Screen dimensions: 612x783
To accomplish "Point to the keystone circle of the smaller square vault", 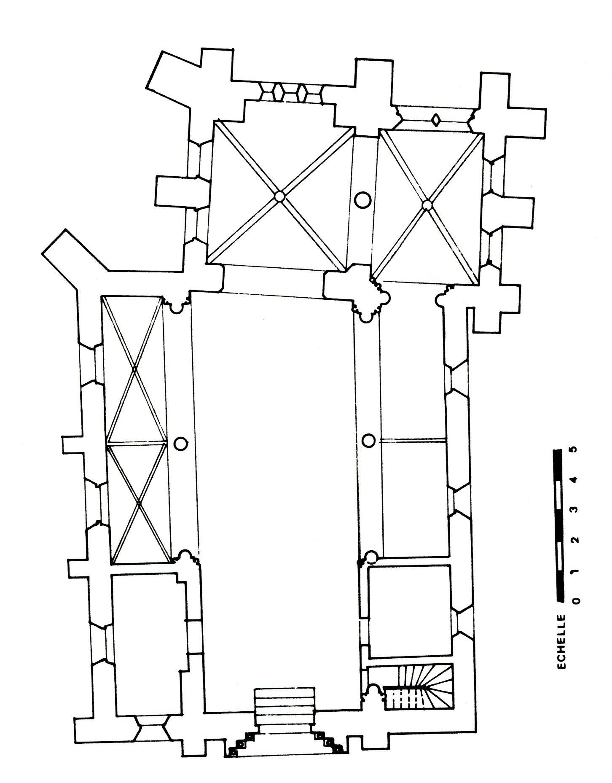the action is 427,205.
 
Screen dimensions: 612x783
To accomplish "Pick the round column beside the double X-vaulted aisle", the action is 180,443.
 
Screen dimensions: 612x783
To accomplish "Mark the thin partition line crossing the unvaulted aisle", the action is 413,441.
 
